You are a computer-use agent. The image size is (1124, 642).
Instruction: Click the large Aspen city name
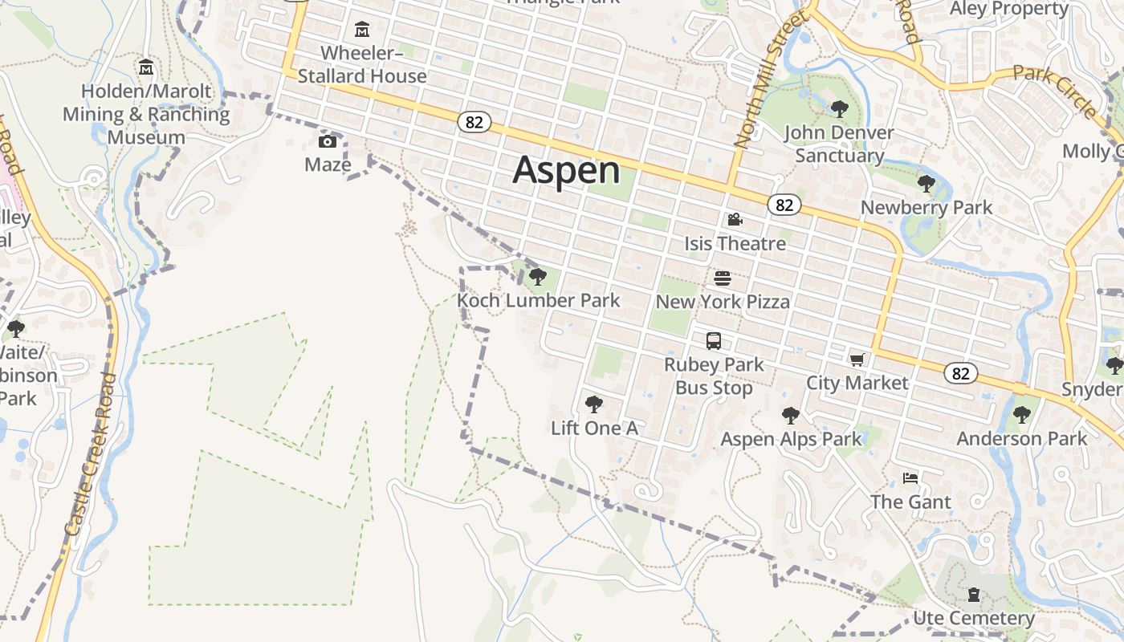[x=566, y=170]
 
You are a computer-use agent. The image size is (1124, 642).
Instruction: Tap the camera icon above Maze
[x=328, y=142]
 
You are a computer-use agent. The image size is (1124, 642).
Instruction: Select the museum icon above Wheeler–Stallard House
[x=362, y=30]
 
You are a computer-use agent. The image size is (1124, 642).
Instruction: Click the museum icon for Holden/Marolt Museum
[x=146, y=67]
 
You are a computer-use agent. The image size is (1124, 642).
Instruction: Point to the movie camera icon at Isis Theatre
[x=735, y=219]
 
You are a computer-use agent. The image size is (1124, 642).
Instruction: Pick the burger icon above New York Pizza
[x=723, y=278]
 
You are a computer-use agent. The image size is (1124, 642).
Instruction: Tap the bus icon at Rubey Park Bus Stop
[x=714, y=341]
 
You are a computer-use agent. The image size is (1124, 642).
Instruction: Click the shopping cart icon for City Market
[x=857, y=359]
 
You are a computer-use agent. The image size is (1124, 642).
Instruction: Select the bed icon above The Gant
[x=910, y=478]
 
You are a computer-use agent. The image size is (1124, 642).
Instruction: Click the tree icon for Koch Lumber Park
[x=538, y=277]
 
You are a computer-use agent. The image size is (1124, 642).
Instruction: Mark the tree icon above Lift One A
[x=594, y=404]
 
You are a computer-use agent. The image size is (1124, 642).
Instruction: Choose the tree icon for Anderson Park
[x=1021, y=415]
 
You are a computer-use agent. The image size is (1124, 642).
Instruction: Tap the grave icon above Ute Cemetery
[x=974, y=595]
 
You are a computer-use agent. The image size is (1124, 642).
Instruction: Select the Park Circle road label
[x=1054, y=90]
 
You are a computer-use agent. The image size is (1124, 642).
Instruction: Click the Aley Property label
[x=1009, y=9]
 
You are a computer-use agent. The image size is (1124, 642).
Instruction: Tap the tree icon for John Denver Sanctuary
[x=840, y=108]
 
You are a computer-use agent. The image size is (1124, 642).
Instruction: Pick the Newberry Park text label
[x=926, y=208]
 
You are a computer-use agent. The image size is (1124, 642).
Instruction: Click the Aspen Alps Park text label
[x=791, y=439]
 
